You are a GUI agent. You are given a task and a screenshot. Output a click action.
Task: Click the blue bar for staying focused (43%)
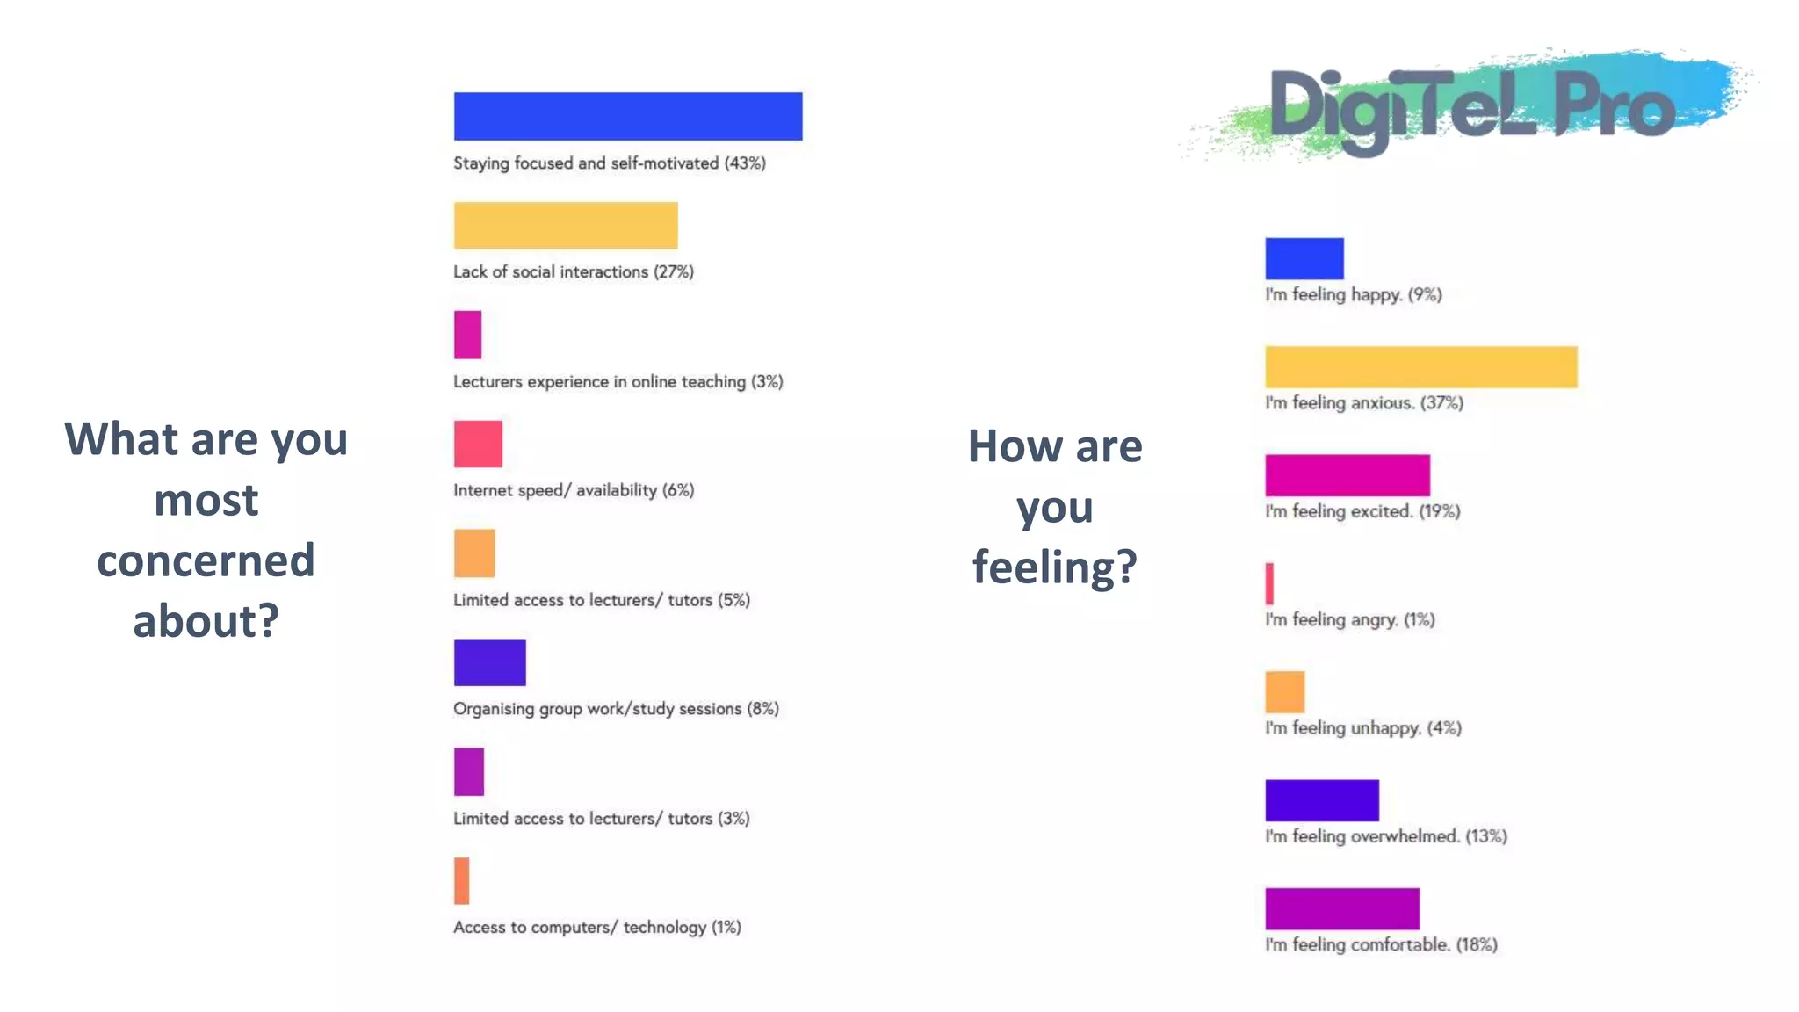click(x=627, y=116)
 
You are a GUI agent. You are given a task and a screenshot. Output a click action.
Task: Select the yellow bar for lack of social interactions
click(x=565, y=226)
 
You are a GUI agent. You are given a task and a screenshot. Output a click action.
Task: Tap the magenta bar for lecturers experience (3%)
click(x=467, y=335)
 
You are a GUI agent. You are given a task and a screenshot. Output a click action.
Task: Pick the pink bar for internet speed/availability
click(x=478, y=444)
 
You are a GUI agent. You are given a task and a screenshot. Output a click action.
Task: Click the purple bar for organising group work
click(x=489, y=662)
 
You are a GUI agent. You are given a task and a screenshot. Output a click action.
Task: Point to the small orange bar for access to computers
click(x=461, y=881)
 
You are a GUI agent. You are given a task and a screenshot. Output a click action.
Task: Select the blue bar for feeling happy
click(x=1304, y=258)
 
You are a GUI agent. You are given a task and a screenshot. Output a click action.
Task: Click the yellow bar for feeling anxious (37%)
click(x=1420, y=367)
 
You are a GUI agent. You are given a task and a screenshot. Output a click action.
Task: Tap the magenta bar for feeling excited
click(x=1347, y=475)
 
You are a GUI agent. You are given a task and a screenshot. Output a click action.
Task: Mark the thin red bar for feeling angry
click(x=1269, y=583)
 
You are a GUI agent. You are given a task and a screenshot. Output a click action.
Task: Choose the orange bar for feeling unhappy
click(x=1284, y=692)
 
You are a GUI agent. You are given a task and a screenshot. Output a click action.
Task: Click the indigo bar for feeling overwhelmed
click(x=1321, y=800)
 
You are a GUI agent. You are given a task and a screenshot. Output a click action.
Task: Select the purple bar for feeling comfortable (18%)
click(x=1341, y=908)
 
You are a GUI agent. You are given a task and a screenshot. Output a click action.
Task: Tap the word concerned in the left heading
click(x=206, y=560)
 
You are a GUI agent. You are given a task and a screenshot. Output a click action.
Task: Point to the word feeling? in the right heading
click(x=1054, y=567)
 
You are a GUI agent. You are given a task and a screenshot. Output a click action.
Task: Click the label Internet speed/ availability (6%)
click(x=573, y=490)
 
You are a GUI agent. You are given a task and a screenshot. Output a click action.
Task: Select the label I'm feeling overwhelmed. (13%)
click(x=1385, y=836)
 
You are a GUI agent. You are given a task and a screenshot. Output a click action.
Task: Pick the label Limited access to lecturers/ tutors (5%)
click(x=601, y=600)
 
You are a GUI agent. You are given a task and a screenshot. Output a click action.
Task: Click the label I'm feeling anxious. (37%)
click(x=1363, y=403)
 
